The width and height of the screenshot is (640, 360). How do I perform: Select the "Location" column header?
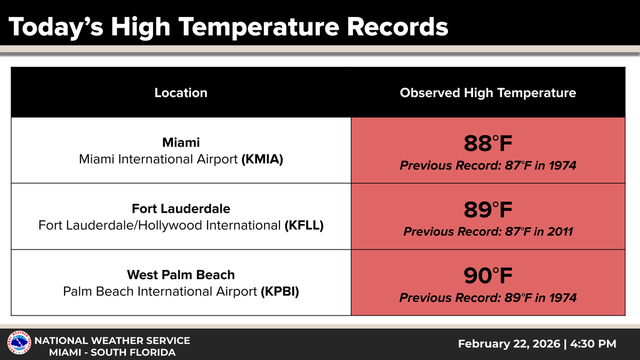click(x=181, y=93)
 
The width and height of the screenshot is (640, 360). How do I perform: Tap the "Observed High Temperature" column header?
click(x=487, y=93)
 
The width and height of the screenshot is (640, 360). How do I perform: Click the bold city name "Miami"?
click(x=181, y=142)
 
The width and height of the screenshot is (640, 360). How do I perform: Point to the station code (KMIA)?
click(x=262, y=159)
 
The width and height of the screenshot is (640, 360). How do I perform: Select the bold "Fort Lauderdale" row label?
click(x=181, y=209)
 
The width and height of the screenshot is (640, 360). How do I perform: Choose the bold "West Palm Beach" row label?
click(x=181, y=275)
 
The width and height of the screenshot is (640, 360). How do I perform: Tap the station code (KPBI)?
click(x=280, y=292)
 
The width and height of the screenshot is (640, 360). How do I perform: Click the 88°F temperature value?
click(x=488, y=144)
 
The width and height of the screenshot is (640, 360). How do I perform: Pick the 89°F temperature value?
click(x=488, y=210)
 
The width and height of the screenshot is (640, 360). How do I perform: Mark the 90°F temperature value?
click(x=488, y=276)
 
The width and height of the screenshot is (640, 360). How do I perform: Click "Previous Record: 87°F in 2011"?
click(x=488, y=231)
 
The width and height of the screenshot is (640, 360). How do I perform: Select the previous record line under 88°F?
click(x=488, y=165)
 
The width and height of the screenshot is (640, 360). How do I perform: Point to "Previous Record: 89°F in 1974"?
click(x=488, y=298)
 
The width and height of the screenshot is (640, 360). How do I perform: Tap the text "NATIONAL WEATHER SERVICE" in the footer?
click(x=112, y=340)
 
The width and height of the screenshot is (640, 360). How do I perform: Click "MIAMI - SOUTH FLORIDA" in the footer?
click(x=112, y=353)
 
